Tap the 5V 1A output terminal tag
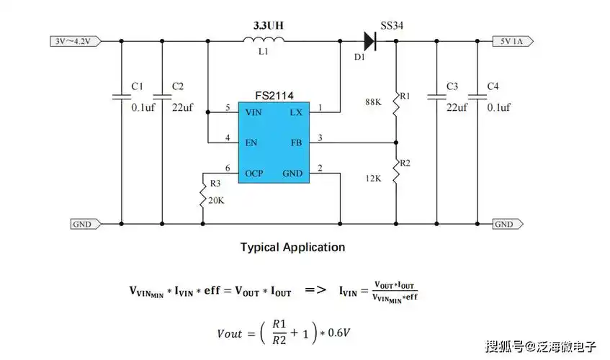[513, 41]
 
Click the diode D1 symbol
[372, 41]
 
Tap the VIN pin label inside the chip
[254, 113]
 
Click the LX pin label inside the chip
[296, 113]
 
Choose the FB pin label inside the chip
[296, 143]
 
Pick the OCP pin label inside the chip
[254, 174]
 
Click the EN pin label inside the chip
[251, 143]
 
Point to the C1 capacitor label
[138, 87]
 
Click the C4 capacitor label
[493, 87]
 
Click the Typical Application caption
[292, 247]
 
